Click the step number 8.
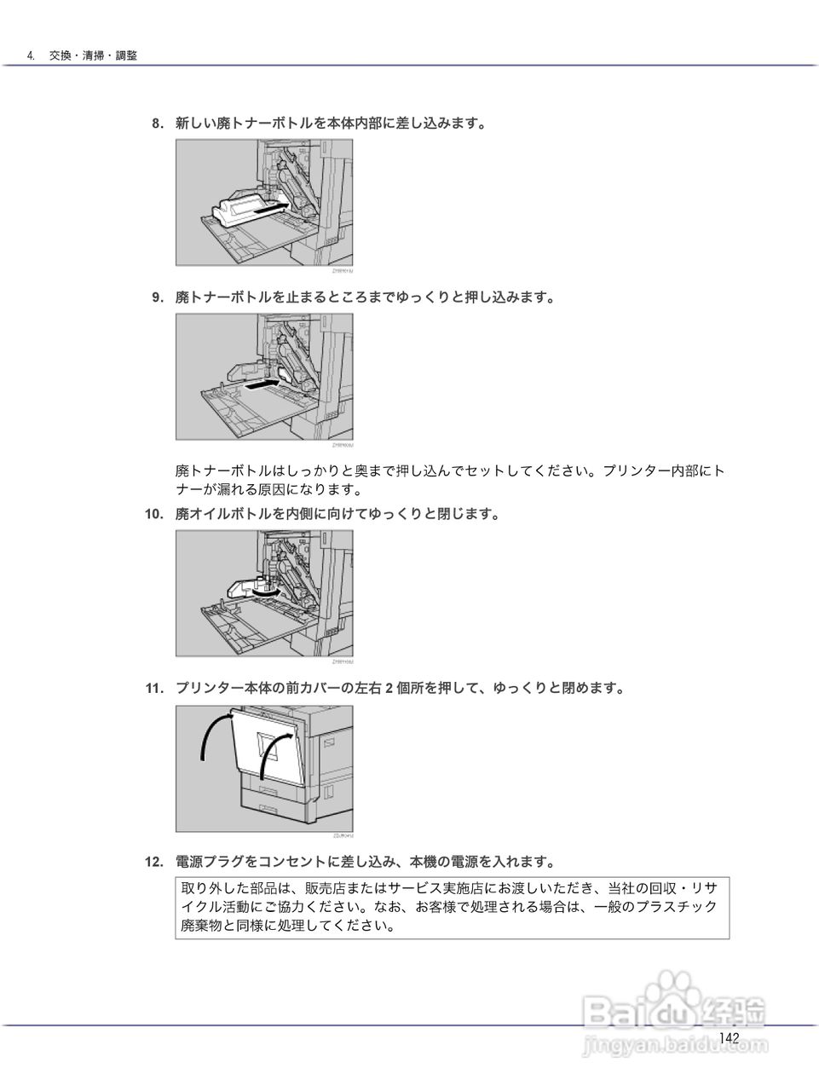tap(157, 124)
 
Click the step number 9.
tap(157, 297)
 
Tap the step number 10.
tap(153, 514)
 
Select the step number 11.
tap(153, 688)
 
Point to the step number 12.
tap(153, 862)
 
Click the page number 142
tap(729, 1037)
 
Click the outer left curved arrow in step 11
tap(213, 735)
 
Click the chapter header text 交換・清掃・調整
tap(93, 55)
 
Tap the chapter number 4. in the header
tap(31, 55)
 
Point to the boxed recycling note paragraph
tap(452, 907)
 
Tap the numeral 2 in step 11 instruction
tap(388, 689)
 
